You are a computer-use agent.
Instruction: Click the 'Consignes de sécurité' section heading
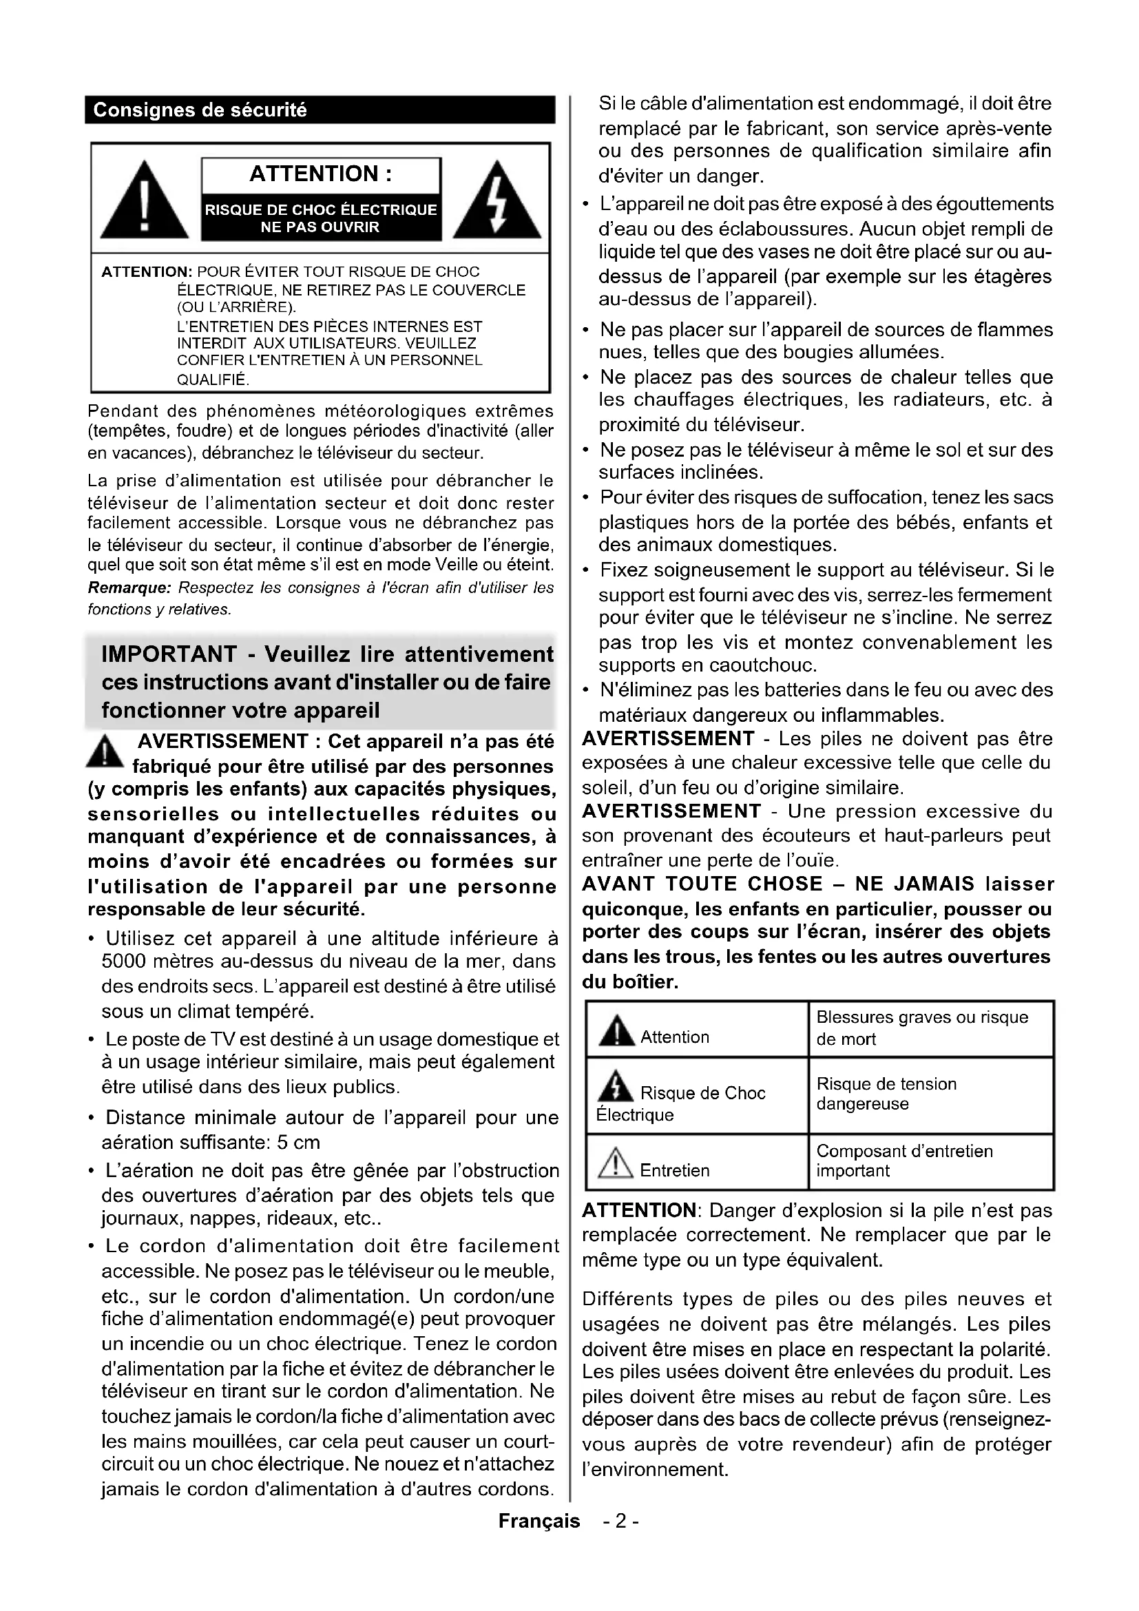(200, 110)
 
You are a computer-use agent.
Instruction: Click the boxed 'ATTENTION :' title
(320, 174)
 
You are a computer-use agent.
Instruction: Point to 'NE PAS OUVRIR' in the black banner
(320, 227)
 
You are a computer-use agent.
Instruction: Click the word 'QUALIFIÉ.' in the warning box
(213, 380)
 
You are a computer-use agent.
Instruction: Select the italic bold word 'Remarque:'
(129, 588)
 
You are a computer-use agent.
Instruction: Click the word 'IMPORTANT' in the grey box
(169, 654)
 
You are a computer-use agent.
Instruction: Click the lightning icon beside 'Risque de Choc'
(615, 1086)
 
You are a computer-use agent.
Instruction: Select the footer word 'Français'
(539, 1521)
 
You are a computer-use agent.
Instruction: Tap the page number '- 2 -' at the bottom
(620, 1521)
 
